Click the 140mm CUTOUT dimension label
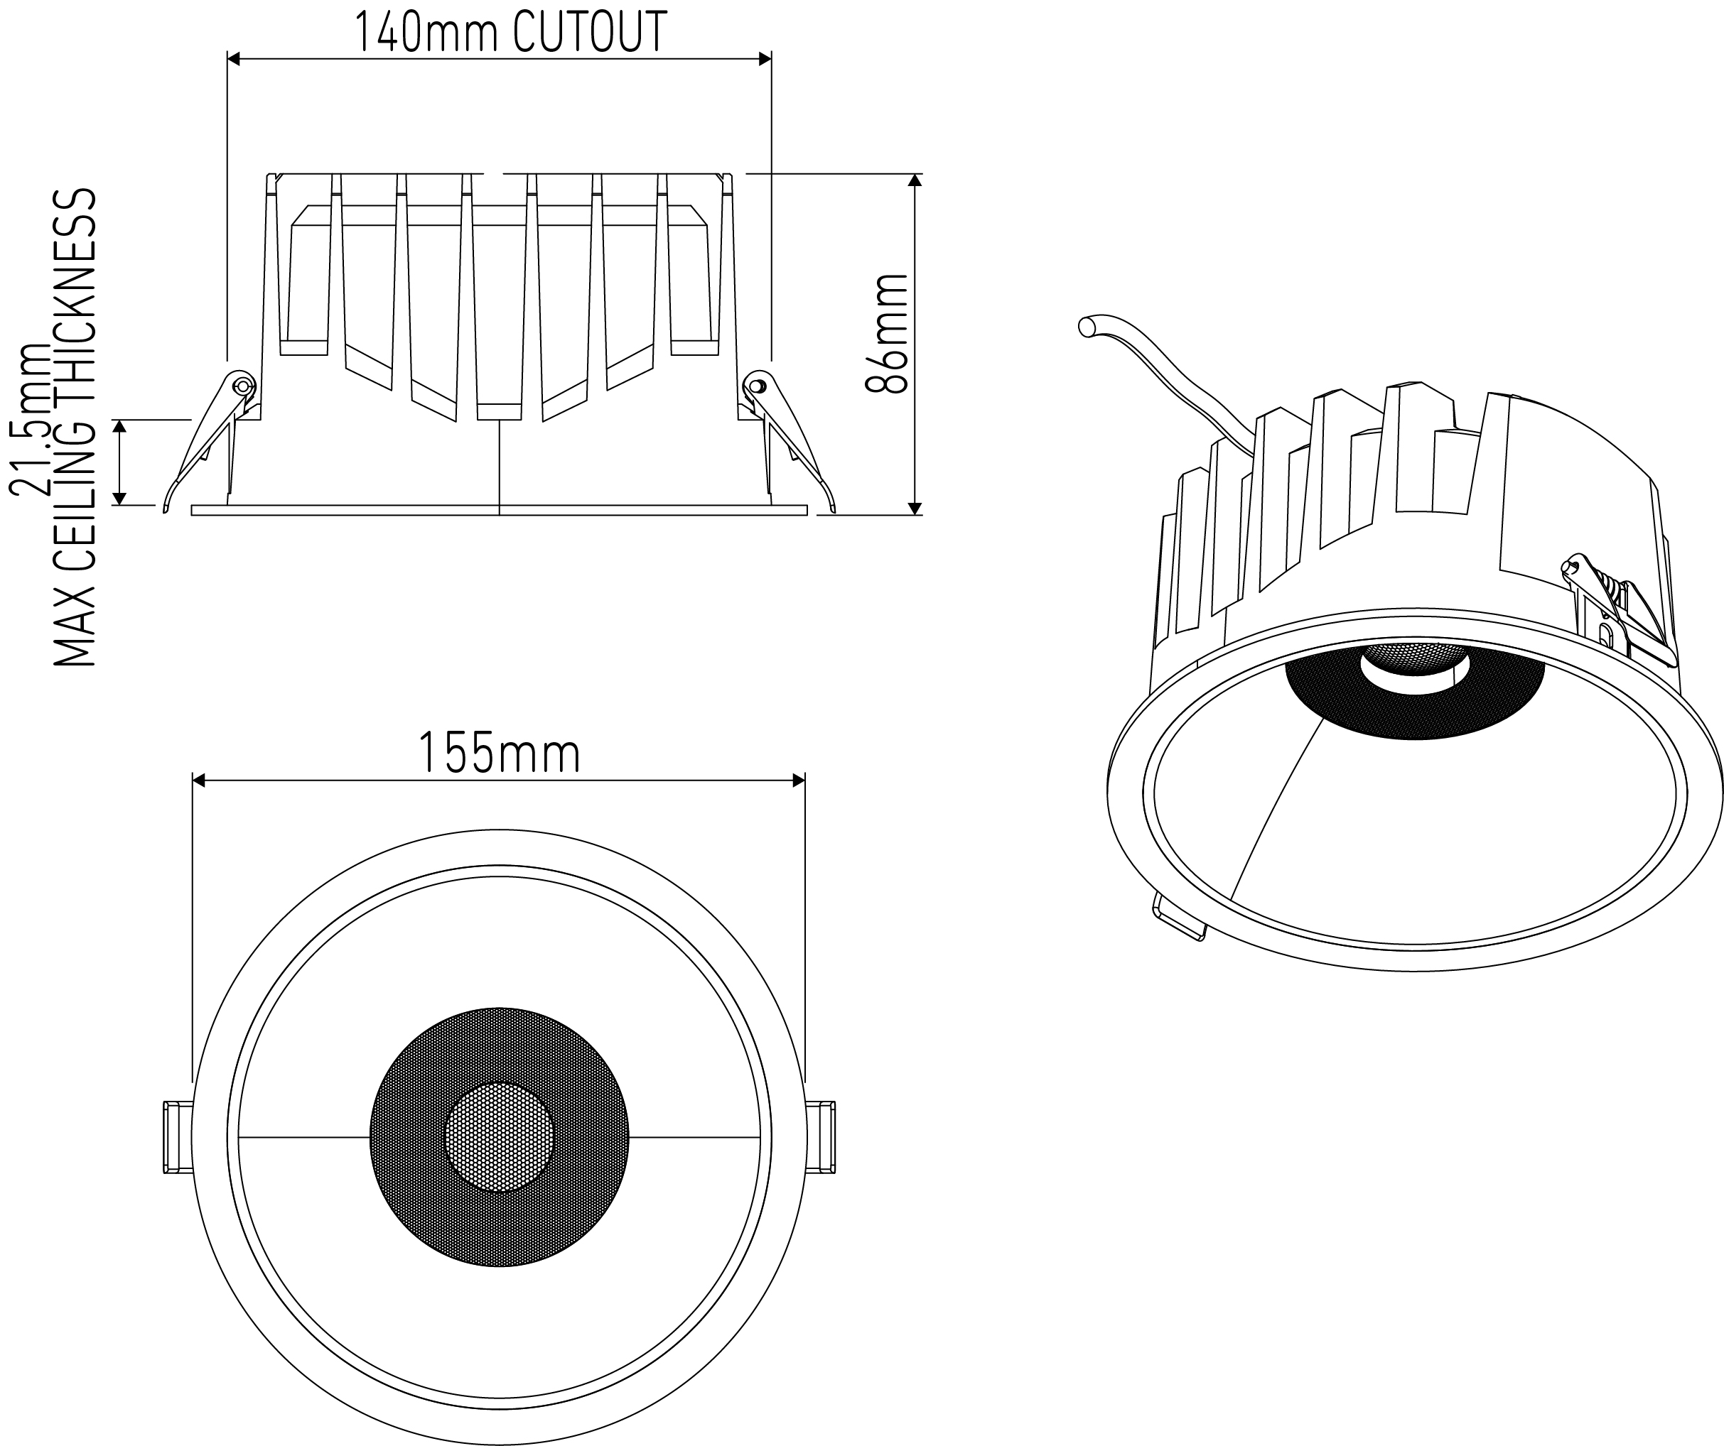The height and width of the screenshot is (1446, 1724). (510, 33)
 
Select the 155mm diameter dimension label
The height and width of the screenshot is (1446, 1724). (499, 753)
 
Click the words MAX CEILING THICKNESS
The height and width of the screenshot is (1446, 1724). (75, 427)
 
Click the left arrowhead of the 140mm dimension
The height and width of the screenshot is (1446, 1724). (233, 58)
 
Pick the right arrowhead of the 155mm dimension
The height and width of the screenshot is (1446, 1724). (798, 780)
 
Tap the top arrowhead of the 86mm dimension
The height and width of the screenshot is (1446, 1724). (915, 180)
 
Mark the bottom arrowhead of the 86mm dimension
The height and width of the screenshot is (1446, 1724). (915, 509)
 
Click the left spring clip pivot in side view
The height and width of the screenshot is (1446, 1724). (242, 385)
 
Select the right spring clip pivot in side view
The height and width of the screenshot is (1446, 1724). (755, 384)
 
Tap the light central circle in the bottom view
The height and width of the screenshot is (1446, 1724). (499, 1138)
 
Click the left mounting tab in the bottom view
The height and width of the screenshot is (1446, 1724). (178, 1138)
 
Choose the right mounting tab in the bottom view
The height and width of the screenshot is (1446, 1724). (820, 1138)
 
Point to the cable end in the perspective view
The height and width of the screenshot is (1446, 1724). (1087, 327)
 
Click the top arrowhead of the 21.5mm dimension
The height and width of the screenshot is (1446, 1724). (120, 426)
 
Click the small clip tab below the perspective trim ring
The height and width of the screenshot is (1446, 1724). (1179, 918)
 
